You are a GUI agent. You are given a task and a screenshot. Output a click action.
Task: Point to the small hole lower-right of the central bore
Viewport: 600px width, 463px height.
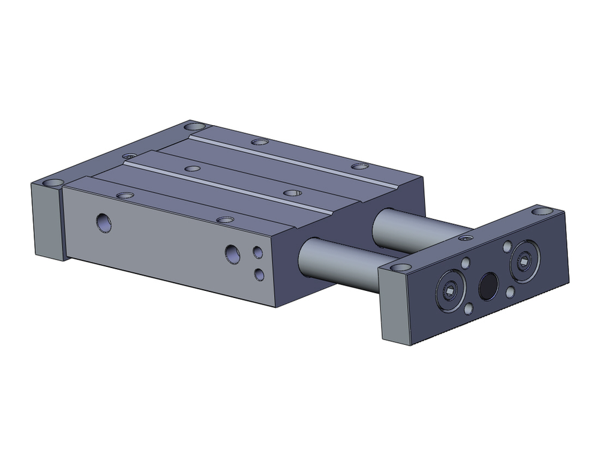coord(510,292)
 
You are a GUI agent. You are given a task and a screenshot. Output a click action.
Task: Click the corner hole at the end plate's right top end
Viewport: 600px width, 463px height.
coord(544,211)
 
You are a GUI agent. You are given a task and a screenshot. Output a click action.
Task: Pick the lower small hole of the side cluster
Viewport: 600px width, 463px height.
coord(259,274)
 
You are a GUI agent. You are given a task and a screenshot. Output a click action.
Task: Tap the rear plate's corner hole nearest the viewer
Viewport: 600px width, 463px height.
coord(53,182)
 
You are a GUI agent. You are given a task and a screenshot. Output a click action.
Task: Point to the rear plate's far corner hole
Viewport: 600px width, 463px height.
coord(194,127)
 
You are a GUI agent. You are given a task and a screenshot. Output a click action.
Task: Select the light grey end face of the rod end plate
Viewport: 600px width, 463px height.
coord(396,308)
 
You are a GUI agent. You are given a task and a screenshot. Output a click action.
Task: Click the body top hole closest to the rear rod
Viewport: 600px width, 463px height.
coord(359,166)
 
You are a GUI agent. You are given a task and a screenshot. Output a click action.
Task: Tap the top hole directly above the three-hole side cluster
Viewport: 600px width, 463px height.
coord(224,220)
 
